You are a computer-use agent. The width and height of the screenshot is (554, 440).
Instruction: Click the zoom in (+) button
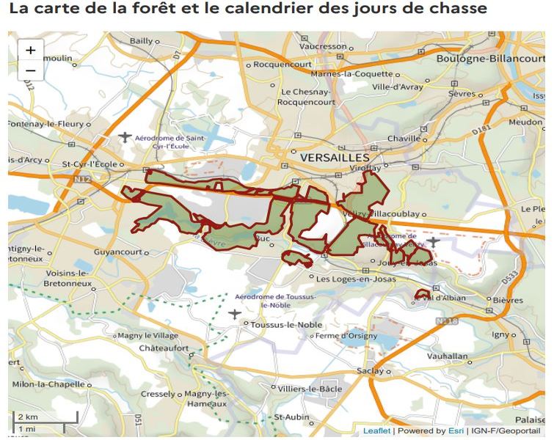[x=30, y=51]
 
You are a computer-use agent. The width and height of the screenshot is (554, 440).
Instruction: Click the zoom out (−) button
[x=30, y=70]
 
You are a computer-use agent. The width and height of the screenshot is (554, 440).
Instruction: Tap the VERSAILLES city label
[x=334, y=158]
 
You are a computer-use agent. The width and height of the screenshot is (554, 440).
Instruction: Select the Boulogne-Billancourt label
[x=490, y=58]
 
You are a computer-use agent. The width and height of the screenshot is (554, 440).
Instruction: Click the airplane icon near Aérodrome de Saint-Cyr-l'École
[x=125, y=137]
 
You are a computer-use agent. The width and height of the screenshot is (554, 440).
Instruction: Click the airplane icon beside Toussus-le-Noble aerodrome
[x=235, y=314]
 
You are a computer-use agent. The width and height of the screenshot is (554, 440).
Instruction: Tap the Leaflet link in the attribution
[x=376, y=430]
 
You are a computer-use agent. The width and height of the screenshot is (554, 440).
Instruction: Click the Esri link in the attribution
[x=458, y=430]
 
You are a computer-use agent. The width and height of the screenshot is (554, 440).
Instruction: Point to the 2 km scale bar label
[x=28, y=417]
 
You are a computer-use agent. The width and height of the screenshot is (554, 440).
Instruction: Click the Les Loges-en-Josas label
[x=351, y=279]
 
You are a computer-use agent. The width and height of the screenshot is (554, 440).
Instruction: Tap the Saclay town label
[x=370, y=371]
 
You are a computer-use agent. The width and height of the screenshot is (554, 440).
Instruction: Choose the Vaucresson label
[x=323, y=46]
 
